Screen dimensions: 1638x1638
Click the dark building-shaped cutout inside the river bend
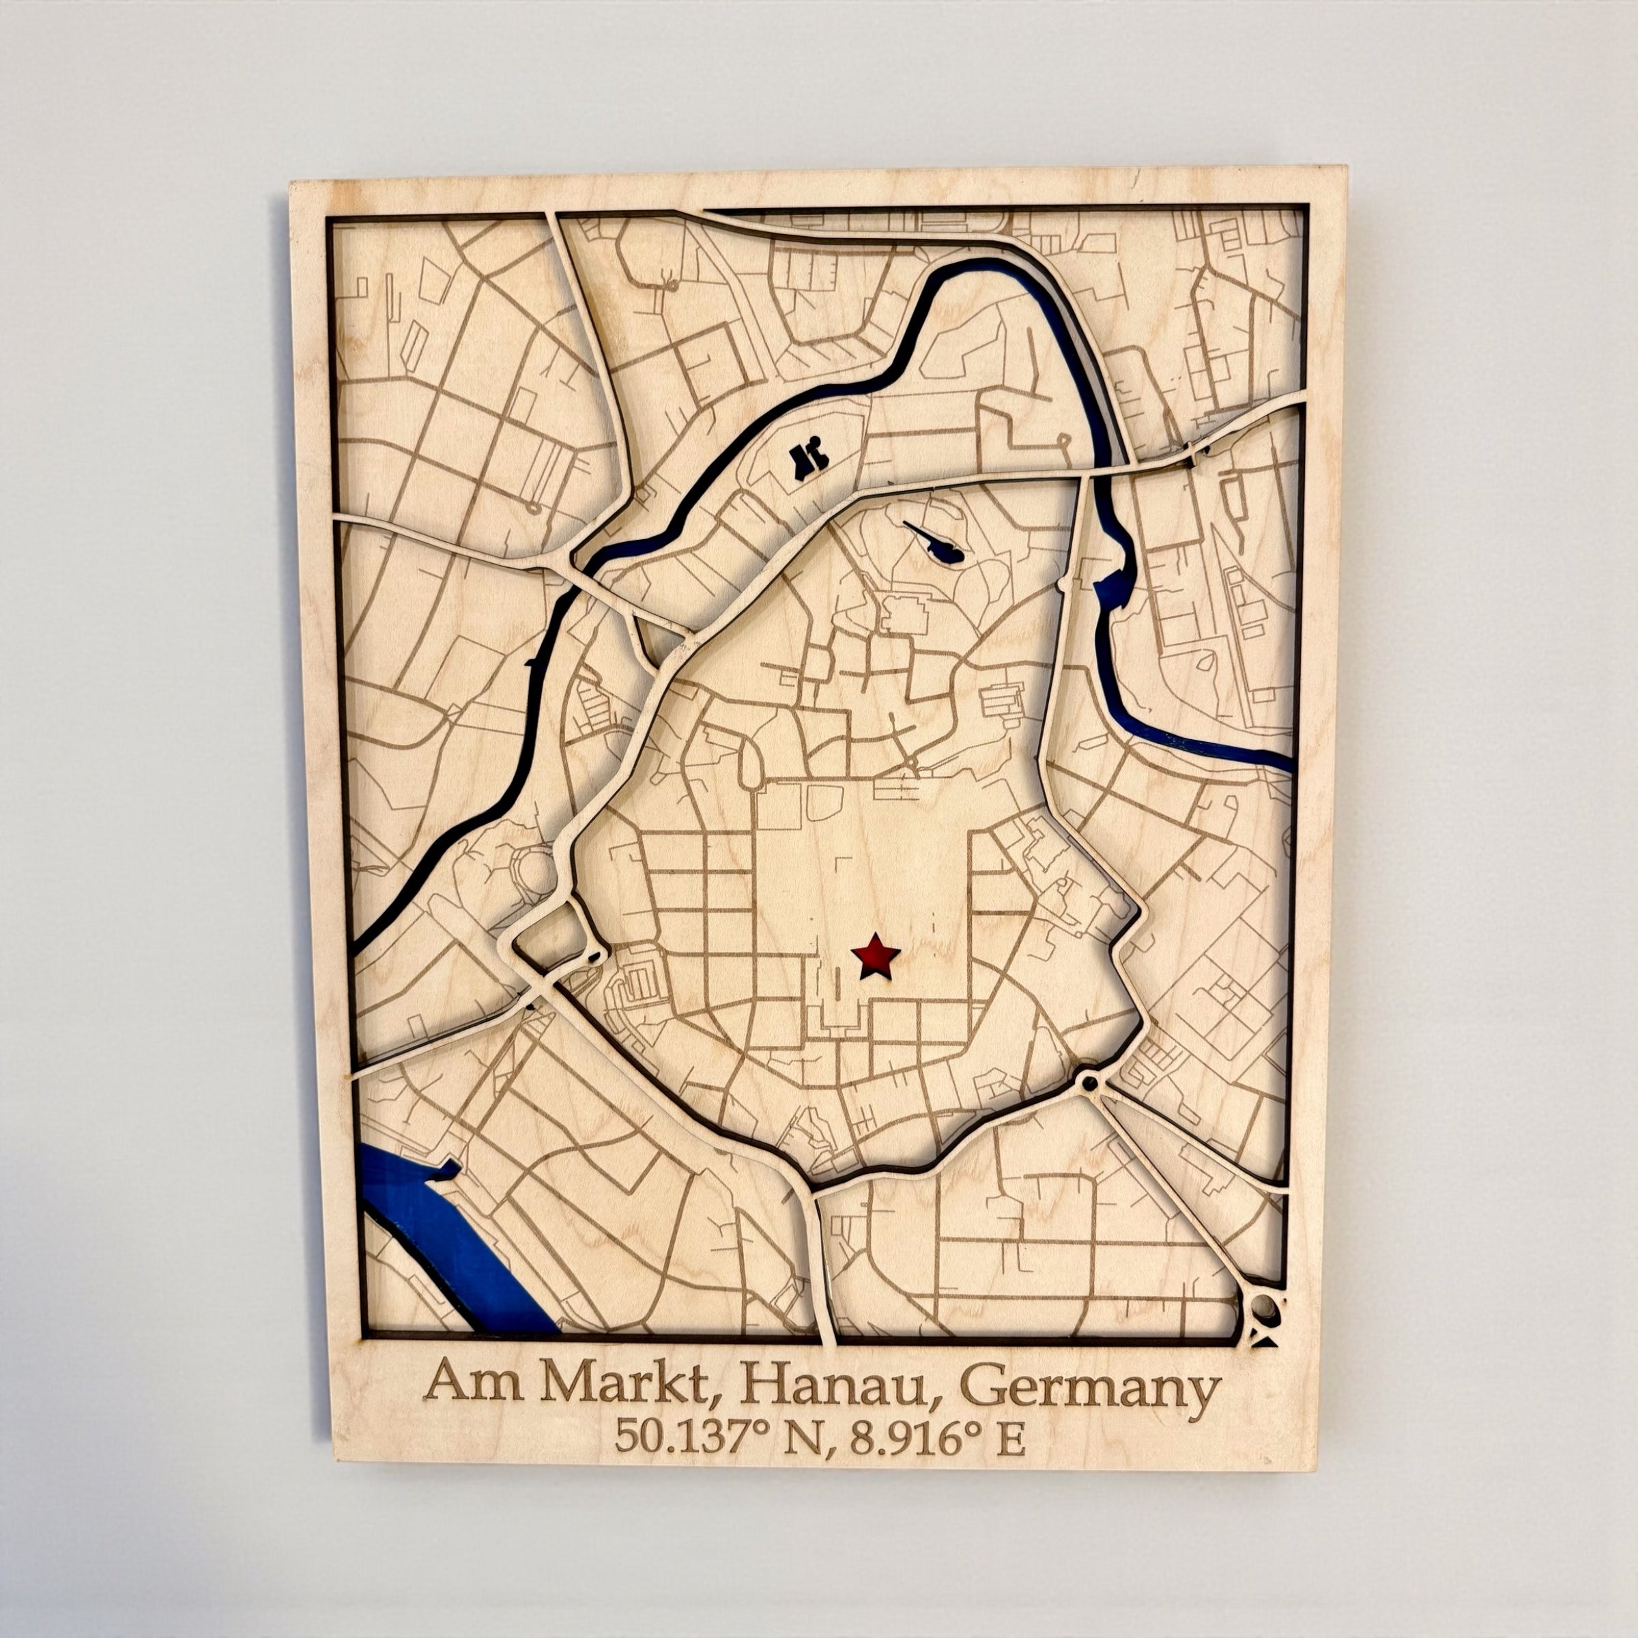[807, 461]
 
